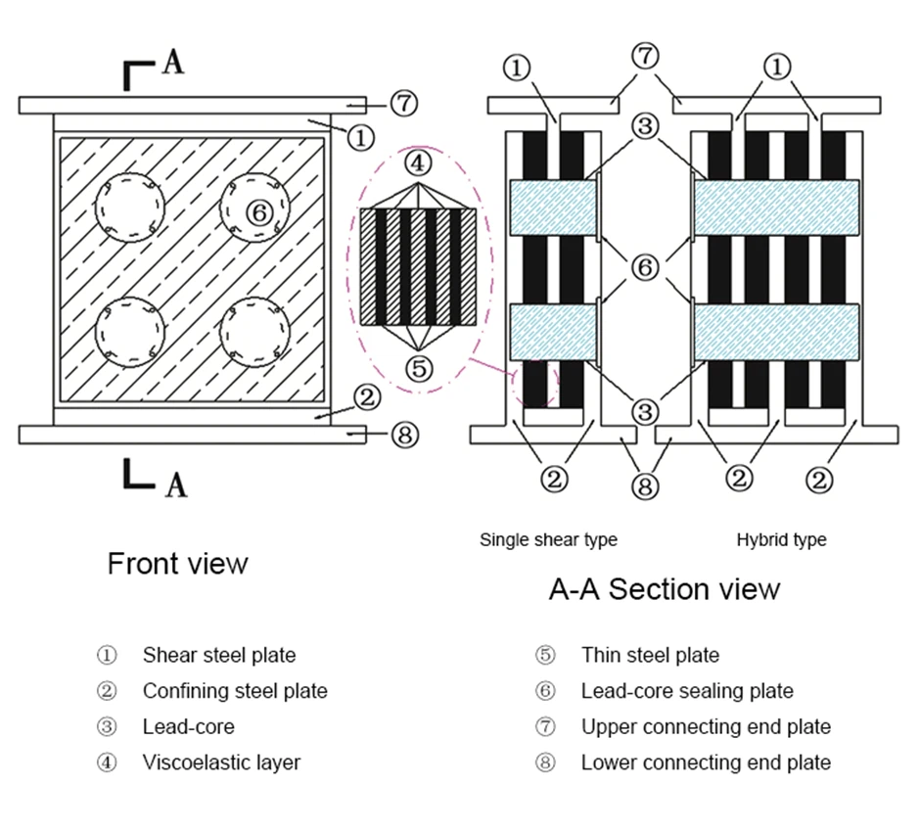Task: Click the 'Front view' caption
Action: (177, 564)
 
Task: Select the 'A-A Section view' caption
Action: (664, 589)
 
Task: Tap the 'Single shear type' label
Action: (548, 539)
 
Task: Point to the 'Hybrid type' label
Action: (781, 539)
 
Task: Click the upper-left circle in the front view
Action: (129, 208)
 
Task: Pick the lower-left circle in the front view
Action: (129, 331)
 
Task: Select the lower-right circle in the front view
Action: (254, 331)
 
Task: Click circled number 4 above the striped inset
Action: (418, 162)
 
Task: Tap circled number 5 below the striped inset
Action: (418, 368)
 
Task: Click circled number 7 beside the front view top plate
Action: (404, 102)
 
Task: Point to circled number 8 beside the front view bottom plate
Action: (404, 435)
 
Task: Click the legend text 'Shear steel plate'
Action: (218, 655)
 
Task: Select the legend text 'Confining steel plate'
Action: (235, 691)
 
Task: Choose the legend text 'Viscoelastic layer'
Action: (221, 762)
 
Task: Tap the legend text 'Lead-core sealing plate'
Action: (687, 691)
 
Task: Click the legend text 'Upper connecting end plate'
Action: (706, 727)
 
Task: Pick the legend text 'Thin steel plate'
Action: (650, 655)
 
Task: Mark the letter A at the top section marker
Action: (172, 63)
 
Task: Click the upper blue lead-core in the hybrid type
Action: (776, 208)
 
